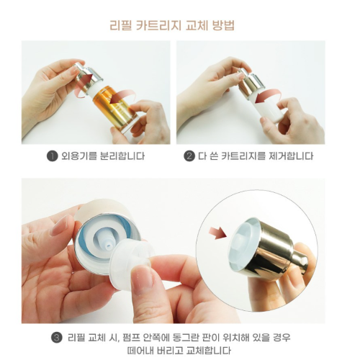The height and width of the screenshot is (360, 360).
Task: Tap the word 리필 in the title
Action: coord(120,25)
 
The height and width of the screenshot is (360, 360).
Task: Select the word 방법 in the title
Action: coord(223,25)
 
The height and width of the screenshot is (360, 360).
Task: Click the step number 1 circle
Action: coord(52,156)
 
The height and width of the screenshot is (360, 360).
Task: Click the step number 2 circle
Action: coord(189,156)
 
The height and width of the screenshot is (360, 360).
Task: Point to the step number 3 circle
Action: coord(57,338)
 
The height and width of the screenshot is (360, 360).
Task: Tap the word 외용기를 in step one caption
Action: coord(76,156)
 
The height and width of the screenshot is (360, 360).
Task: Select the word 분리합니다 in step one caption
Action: coord(119,156)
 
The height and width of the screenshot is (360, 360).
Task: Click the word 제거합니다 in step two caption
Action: coord(288,156)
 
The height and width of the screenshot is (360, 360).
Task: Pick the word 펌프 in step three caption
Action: coord(130,338)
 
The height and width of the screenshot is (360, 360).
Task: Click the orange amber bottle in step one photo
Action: coord(114,109)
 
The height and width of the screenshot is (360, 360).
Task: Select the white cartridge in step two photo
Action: coord(269,107)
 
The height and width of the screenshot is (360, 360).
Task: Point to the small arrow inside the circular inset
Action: coord(217,233)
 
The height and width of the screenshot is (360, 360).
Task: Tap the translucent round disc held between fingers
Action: coord(132,264)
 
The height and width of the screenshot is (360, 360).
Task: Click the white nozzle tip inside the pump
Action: coord(107,243)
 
